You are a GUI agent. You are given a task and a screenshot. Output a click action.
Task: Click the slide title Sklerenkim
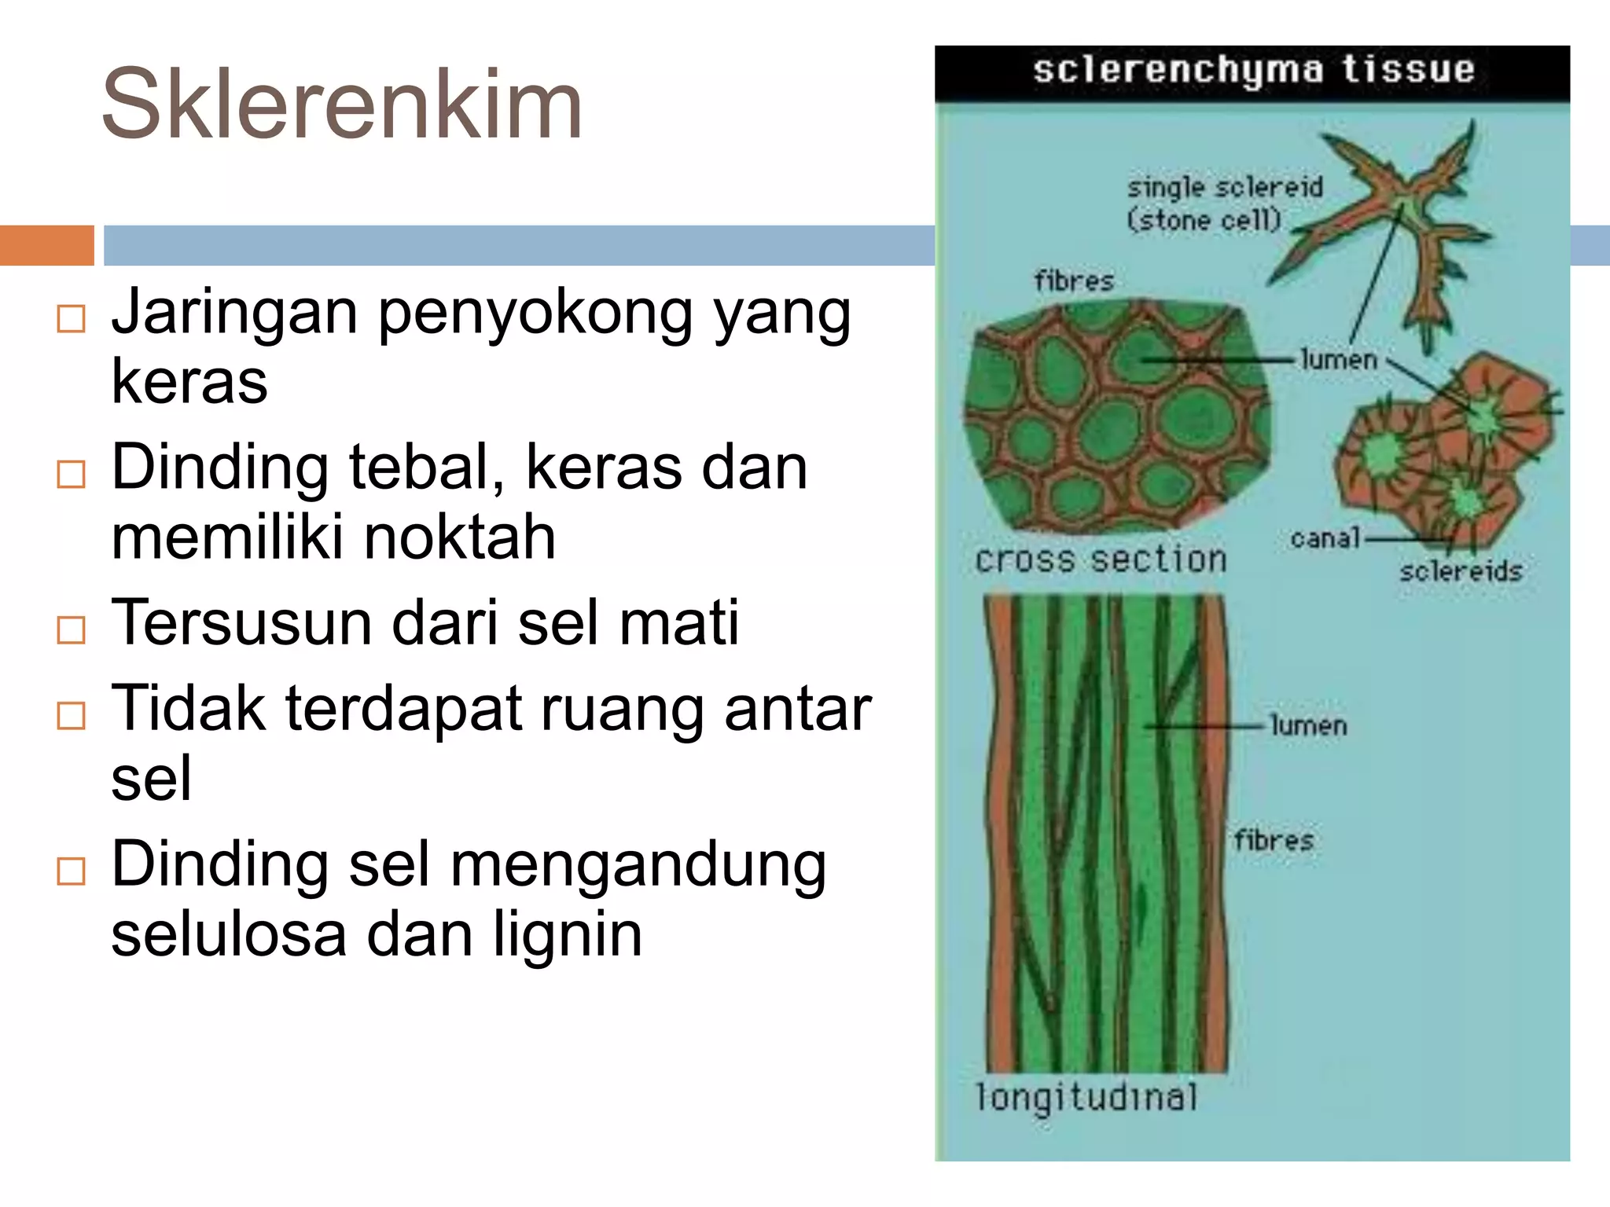[342, 104]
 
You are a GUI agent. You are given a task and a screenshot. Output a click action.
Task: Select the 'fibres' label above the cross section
[1074, 281]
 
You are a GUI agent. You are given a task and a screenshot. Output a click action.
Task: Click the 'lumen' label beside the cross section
[1339, 360]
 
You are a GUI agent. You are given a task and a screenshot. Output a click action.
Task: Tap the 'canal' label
[1325, 538]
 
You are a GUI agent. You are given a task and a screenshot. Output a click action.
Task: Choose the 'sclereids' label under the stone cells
[1460, 571]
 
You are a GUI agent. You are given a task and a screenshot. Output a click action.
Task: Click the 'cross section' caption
[1101, 559]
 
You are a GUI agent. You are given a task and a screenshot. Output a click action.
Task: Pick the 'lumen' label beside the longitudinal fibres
[1308, 725]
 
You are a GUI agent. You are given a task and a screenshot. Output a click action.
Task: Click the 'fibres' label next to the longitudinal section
[1274, 840]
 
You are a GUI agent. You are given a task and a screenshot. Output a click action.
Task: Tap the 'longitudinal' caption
[1086, 1097]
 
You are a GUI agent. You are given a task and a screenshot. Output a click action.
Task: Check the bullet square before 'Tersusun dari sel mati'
[72, 629]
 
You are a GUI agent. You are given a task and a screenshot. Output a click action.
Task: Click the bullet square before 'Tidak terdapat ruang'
[72, 715]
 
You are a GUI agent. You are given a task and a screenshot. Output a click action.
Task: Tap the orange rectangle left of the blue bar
[46, 245]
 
